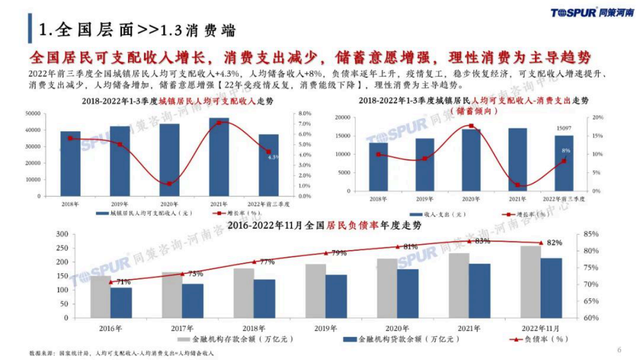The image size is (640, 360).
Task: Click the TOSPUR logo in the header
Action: [x=592, y=13]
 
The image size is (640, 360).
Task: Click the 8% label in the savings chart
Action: [x=566, y=151]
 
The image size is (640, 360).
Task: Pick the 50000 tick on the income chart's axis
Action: [x=33, y=114]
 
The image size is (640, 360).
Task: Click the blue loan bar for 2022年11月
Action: [x=551, y=288]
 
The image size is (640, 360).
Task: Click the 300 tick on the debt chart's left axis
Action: [x=62, y=234]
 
